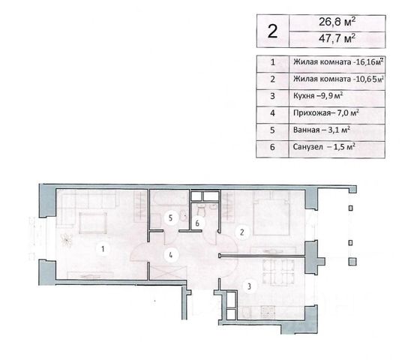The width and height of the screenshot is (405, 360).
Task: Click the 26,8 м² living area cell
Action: pyautogui.click(x=337, y=22)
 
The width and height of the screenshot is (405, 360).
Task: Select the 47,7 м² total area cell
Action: pyautogui.click(x=337, y=39)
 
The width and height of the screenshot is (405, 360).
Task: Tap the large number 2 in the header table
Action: pyautogui.click(x=272, y=31)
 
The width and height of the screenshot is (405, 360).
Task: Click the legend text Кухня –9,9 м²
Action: pyautogui.click(x=318, y=96)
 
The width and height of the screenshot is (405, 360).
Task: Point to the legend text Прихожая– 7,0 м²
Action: pyautogui.click(x=326, y=112)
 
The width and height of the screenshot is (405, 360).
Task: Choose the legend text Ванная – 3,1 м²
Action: pyautogui.click(x=322, y=130)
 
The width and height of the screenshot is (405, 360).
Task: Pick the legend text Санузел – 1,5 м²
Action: pyautogui.click(x=324, y=147)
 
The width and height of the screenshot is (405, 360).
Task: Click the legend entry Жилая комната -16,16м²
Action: pyautogui.click(x=337, y=62)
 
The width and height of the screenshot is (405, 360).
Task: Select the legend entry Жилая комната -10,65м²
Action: pyautogui.click(x=337, y=79)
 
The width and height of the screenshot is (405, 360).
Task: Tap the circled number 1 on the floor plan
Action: pyautogui.click(x=103, y=249)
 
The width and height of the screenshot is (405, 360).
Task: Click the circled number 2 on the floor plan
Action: pyautogui.click(x=241, y=232)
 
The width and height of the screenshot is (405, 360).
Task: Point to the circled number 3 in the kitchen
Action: pyautogui.click(x=249, y=286)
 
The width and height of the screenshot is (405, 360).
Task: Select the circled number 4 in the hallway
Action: pyautogui.click(x=171, y=255)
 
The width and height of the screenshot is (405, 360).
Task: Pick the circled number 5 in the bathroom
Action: pyautogui.click(x=170, y=218)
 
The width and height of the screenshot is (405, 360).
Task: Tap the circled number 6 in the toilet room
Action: pyautogui.click(x=197, y=223)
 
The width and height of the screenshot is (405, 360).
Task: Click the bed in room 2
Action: pyautogui.click(x=271, y=213)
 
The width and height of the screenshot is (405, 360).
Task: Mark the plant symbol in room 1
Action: pyautogui.click(x=67, y=240)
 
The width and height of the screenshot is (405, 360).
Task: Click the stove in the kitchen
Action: pyautogui.click(x=268, y=312)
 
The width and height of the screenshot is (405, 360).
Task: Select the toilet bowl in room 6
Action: pyautogui.click(x=201, y=210)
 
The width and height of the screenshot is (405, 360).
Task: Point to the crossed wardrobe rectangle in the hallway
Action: pyautogui.click(x=169, y=272)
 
